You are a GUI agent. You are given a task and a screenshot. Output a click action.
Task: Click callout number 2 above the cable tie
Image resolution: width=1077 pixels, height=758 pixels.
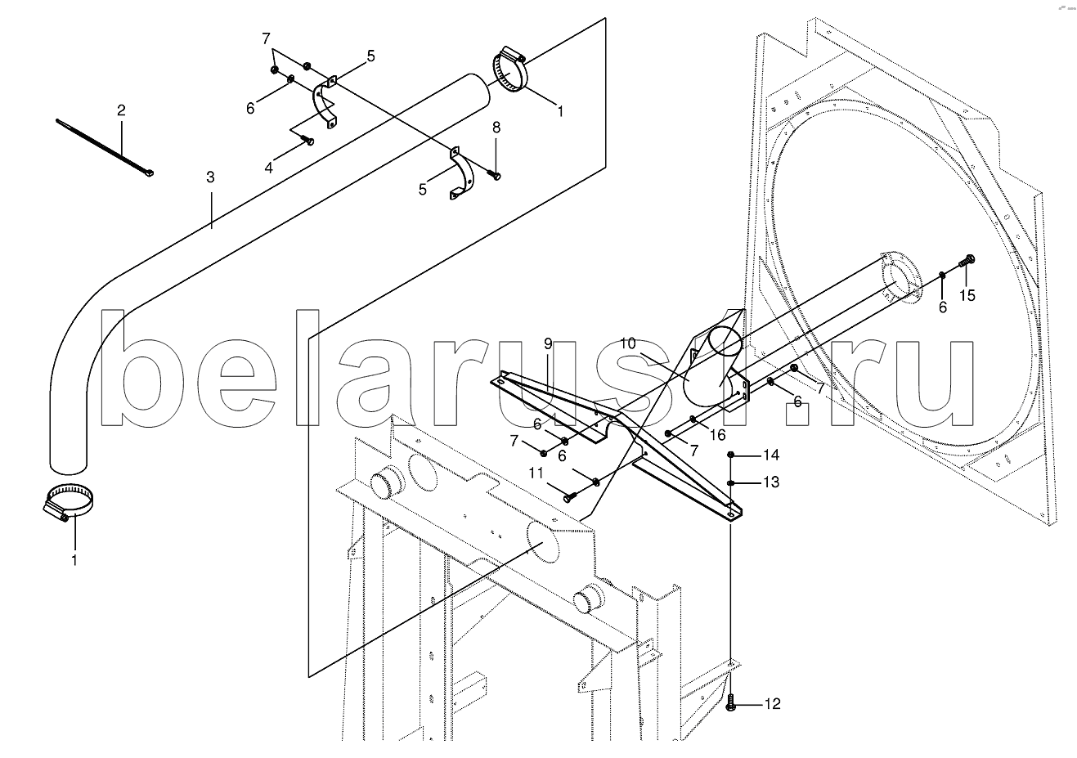pyautogui.click(x=121, y=110)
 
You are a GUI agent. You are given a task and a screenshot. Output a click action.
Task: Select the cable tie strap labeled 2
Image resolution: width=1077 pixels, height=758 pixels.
pyautogui.click(x=105, y=147)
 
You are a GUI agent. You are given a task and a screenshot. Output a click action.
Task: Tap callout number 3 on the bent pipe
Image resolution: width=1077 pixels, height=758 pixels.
pyautogui.click(x=211, y=177)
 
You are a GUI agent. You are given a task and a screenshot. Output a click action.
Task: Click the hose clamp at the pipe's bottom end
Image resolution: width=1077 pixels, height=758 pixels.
pyautogui.click(x=68, y=503)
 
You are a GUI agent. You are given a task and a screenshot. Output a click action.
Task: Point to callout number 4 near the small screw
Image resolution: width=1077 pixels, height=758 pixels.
pyautogui.click(x=269, y=168)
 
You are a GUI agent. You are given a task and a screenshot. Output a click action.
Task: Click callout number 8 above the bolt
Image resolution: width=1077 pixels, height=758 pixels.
pyautogui.click(x=496, y=128)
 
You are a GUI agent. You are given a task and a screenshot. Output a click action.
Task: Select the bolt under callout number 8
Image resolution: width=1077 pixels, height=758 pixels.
pyautogui.click(x=495, y=176)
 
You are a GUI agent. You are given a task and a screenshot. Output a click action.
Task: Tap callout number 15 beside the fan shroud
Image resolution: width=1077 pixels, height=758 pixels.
pyautogui.click(x=967, y=295)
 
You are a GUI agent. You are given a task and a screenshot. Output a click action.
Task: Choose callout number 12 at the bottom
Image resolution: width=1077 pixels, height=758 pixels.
pyautogui.click(x=772, y=704)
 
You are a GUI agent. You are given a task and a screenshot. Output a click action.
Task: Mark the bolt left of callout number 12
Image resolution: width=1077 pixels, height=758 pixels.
pyautogui.click(x=731, y=702)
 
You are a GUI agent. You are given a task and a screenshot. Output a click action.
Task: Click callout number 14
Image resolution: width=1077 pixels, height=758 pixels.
pyautogui.click(x=771, y=455)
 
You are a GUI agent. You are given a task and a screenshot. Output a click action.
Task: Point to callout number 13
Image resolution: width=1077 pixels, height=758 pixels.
pyautogui.click(x=771, y=482)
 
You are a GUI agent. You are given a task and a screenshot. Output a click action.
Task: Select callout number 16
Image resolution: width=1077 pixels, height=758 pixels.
pyautogui.click(x=717, y=435)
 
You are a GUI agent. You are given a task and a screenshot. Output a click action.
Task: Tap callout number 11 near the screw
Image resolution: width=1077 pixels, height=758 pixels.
pyautogui.click(x=536, y=473)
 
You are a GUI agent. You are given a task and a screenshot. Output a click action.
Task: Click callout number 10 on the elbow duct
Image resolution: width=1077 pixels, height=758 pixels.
pyautogui.click(x=628, y=343)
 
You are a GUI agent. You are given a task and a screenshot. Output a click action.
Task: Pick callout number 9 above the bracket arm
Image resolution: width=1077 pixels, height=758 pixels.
pyautogui.click(x=548, y=343)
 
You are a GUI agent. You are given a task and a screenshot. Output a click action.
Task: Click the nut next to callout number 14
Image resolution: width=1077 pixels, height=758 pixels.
pyautogui.click(x=730, y=454)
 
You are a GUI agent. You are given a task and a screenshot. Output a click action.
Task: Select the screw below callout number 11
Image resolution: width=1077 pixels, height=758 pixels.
pyautogui.click(x=569, y=498)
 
